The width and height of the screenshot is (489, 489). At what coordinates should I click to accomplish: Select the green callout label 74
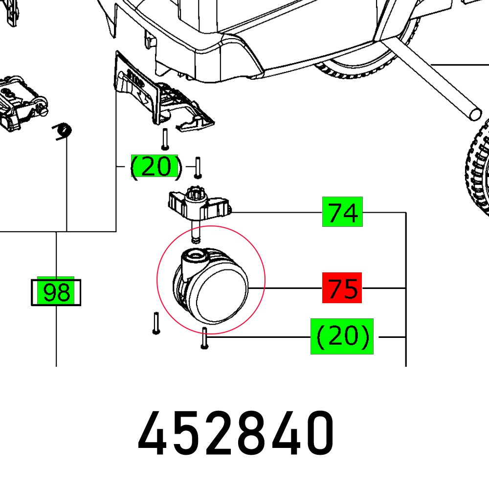(342, 212)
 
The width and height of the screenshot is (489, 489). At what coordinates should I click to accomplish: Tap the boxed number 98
(56, 292)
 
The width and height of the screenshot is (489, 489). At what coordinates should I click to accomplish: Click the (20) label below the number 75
(342, 336)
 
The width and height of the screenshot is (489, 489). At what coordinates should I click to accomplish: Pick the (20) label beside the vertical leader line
(155, 167)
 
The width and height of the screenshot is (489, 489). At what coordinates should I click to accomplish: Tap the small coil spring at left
(63, 132)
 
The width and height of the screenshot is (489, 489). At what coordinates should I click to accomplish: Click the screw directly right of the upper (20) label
(198, 167)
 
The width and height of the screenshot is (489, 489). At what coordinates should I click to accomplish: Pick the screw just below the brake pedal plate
(165, 138)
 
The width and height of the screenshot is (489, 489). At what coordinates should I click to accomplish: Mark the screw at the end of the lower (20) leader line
(204, 338)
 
